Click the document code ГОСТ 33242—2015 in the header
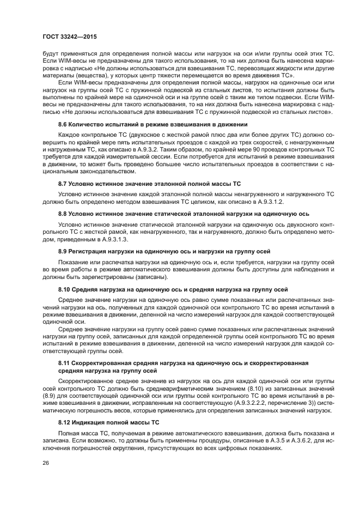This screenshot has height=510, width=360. tap(66, 37)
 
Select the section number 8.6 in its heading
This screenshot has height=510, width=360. tap(63, 125)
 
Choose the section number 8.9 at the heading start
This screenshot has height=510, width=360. tap(63, 251)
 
